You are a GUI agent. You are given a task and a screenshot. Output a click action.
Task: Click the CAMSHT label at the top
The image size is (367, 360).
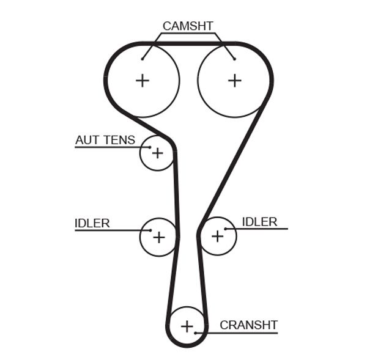(x=187, y=26)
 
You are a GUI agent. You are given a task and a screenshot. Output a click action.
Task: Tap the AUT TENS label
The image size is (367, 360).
(x=105, y=140)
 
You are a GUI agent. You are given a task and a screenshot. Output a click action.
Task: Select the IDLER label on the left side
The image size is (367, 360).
(x=92, y=223)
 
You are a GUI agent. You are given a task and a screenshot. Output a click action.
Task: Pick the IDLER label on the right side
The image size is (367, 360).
(x=259, y=221)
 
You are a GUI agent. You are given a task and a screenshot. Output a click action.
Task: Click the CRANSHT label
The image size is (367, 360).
(x=248, y=325)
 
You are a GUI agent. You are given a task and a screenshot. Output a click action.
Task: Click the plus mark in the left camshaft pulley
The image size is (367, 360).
(x=143, y=80)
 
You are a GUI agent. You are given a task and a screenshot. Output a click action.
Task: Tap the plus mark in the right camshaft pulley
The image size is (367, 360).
(x=235, y=80)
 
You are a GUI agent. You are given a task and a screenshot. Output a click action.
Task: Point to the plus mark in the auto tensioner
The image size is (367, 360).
(x=158, y=153)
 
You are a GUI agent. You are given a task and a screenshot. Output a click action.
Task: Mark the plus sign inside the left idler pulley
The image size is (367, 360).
(x=159, y=237)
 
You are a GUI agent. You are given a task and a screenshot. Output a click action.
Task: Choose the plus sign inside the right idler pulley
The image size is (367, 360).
(x=217, y=236)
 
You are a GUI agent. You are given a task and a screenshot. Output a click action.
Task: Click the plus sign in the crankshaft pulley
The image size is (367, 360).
(x=187, y=326)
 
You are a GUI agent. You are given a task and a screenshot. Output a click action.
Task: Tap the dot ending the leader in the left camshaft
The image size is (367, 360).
(x=143, y=59)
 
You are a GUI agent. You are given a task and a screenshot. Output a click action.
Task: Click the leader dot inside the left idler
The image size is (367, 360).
(x=150, y=230)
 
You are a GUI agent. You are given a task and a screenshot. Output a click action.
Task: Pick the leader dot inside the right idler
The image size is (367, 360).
(x=226, y=229)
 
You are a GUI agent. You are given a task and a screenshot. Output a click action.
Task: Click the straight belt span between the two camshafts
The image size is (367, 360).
(x=188, y=44)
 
